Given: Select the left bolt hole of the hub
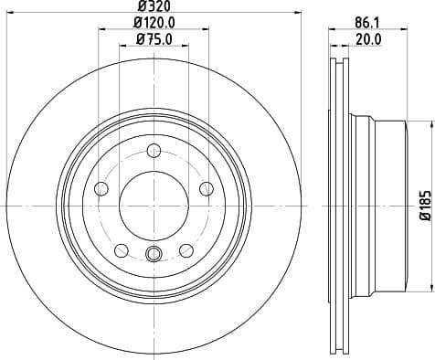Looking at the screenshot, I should tap(101, 188).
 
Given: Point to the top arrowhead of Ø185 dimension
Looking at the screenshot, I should tap(409, 121).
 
